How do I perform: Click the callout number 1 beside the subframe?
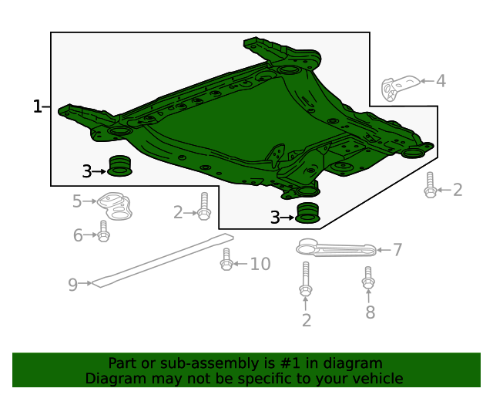(37, 106)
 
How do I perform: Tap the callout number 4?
(440, 81)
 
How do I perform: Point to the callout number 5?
(77, 201)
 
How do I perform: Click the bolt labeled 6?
(104, 231)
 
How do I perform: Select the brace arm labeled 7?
(336, 248)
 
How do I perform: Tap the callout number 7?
(397, 249)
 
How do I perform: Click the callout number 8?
(370, 312)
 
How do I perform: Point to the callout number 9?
(72, 285)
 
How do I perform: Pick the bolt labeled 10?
(226, 260)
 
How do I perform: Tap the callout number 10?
(260, 265)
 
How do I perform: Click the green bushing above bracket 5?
(119, 167)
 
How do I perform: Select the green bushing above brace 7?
(308, 213)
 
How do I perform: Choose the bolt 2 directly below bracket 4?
(431, 185)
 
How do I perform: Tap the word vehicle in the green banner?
(377, 378)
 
